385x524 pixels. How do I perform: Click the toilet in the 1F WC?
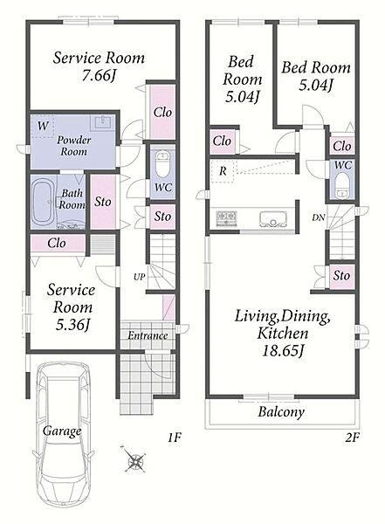(163, 165)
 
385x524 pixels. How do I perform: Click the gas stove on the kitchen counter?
(227, 217)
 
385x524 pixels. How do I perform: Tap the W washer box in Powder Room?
(43, 126)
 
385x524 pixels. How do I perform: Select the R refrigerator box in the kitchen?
(223, 171)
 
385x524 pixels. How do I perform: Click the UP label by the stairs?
(140, 277)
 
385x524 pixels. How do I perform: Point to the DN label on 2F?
(318, 217)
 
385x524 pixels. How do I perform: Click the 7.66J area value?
(99, 75)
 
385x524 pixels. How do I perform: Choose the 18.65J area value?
(283, 351)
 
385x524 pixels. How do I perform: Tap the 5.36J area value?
(72, 325)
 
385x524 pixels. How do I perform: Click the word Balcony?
(281, 412)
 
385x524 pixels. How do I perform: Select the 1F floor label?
(174, 438)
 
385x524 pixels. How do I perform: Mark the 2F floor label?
(352, 438)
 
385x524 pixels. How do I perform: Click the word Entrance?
(148, 335)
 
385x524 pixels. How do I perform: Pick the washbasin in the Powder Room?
(103, 122)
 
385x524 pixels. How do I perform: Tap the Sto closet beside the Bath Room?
(103, 202)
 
